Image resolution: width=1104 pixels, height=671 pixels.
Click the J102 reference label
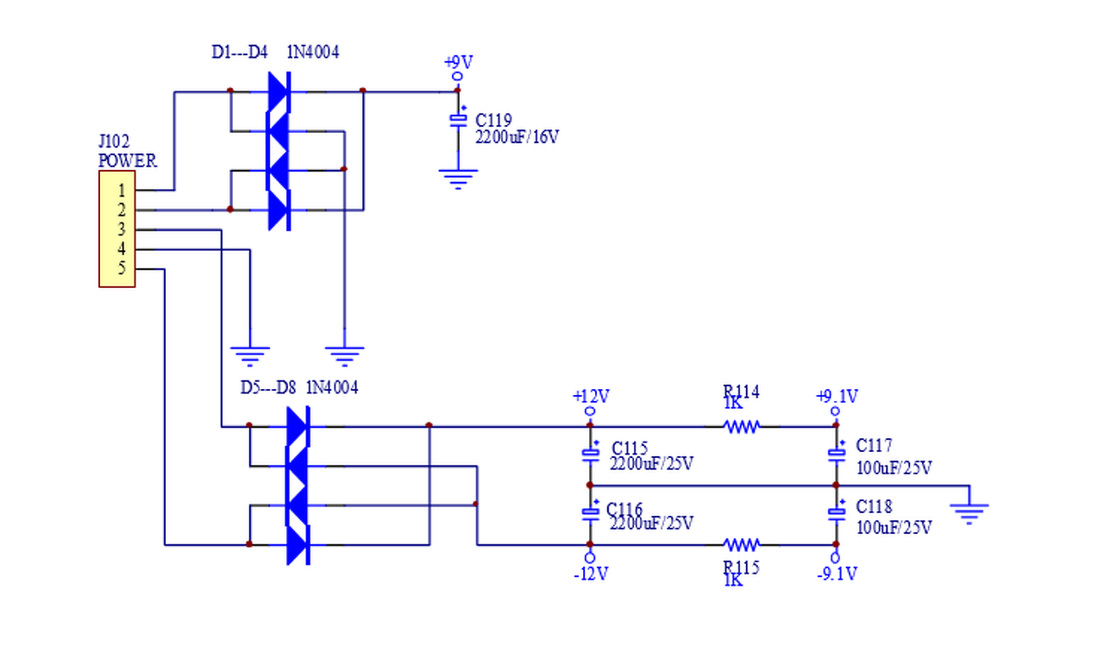tap(114, 142)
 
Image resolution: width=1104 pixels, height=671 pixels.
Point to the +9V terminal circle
tap(457, 77)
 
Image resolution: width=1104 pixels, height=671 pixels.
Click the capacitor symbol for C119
tap(458, 120)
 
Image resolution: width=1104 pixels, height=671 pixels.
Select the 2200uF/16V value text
tap(517, 137)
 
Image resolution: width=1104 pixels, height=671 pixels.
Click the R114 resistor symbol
tap(742, 427)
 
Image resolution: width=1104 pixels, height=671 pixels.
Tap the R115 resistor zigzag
tap(742, 545)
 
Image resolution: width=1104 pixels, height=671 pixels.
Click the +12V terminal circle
tap(590, 411)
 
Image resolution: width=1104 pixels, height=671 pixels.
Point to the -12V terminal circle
tap(590, 558)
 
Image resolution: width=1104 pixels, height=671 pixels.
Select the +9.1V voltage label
tap(837, 396)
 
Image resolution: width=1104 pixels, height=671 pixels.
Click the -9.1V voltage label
tap(837, 574)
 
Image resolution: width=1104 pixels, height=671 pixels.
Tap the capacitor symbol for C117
tap(837, 454)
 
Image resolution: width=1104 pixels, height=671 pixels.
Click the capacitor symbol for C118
tap(837, 512)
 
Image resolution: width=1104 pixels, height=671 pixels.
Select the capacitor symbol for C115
tap(591, 454)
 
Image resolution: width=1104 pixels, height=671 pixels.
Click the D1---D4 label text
tap(240, 53)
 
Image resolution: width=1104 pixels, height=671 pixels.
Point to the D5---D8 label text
tap(268, 388)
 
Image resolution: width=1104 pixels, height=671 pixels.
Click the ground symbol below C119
tap(458, 179)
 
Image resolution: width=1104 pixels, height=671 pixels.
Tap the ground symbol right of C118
tap(969, 514)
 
